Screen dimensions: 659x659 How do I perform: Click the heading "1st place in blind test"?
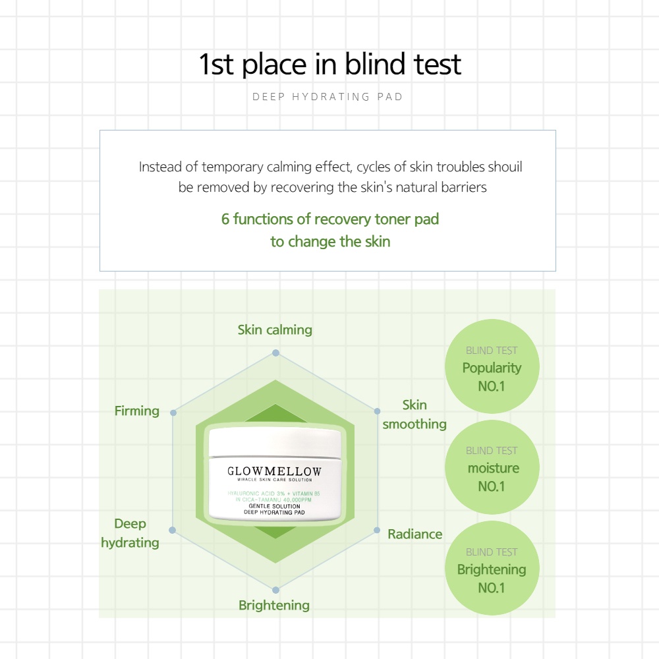(329, 65)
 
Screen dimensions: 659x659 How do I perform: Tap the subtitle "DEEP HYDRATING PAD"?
(328, 97)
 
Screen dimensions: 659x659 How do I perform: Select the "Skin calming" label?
(275, 329)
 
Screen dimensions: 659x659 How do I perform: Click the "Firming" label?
(137, 411)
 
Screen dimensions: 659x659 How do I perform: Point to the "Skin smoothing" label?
(415, 415)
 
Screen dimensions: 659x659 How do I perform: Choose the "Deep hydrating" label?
(130, 533)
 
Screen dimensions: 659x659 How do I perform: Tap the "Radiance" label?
(415, 534)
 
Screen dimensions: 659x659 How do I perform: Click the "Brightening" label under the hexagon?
(273, 605)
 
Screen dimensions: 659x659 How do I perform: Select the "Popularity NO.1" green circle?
(492, 368)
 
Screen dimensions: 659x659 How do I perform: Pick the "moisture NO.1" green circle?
(492, 469)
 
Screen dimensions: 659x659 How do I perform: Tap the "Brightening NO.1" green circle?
(492, 569)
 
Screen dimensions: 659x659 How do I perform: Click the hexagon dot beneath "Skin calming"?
(276, 353)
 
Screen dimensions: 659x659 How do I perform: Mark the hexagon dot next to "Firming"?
(173, 413)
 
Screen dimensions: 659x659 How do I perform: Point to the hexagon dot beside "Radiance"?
(378, 530)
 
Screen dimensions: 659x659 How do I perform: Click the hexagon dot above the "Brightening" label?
(276, 590)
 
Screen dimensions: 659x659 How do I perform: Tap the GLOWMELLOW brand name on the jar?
(275, 471)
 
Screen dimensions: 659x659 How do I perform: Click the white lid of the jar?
(275, 442)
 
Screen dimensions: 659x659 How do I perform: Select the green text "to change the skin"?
(330, 241)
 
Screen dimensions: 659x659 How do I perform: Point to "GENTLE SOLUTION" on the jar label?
(275, 505)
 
